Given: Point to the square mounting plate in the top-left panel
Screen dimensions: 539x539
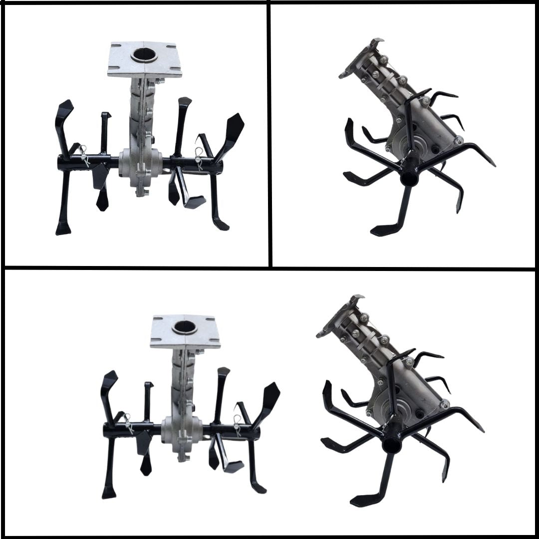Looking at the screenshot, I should [145, 59].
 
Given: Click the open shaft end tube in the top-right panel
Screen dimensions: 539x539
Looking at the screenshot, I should [409, 178].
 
